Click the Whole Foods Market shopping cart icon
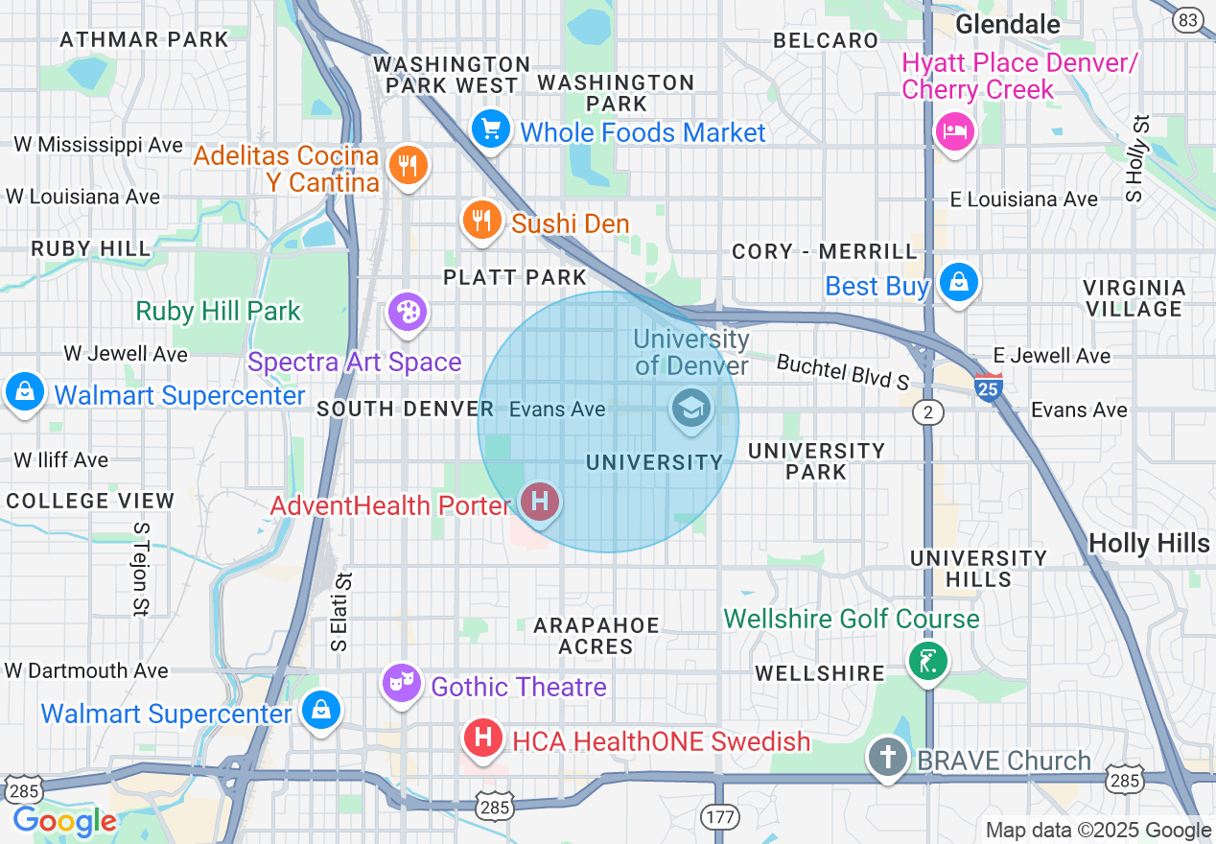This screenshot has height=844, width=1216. (491, 128)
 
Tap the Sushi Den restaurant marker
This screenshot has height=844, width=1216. (481, 220)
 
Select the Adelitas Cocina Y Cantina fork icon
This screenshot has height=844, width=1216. (409, 165)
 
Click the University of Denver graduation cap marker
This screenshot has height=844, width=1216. (690, 410)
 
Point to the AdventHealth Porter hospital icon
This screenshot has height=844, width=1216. (540, 501)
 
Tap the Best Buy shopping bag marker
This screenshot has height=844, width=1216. (958, 282)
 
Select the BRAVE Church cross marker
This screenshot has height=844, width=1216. (888, 758)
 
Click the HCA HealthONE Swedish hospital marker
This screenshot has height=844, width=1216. (484, 738)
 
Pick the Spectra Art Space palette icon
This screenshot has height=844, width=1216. (409, 312)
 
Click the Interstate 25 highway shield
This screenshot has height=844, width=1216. (988, 386)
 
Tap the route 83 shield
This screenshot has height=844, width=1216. (1189, 19)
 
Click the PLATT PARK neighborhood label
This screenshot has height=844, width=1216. (515, 277)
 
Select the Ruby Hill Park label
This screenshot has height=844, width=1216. (219, 312)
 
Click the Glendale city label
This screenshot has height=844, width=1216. (1008, 23)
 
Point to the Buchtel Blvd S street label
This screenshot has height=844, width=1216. (843, 372)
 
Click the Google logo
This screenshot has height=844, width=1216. (64, 821)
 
